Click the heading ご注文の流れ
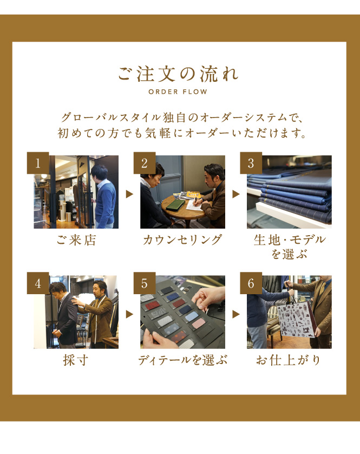(x=178, y=74)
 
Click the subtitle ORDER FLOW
(x=178, y=92)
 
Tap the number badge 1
(x=38, y=163)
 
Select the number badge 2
(x=145, y=163)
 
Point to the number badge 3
(x=251, y=163)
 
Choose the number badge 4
(x=38, y=283)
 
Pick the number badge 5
(x=145, y=283)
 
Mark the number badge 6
(x=251, y=283)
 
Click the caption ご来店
(x=76, y=241)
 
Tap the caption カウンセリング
(x=182, y=240)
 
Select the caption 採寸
(x=76, y=360)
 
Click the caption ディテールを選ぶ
(x=182, y=360)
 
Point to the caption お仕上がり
(x=289, y=360)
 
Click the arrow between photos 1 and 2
(x=129, y=194)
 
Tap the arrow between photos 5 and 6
(x=236, y=314)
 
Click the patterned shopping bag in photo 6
(x=296, y=319)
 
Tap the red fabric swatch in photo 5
(x=153, y=305)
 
